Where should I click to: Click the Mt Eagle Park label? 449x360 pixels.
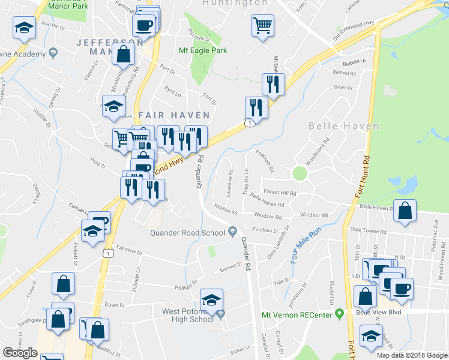click(203, 51)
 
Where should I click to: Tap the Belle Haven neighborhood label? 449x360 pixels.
click(344, 127)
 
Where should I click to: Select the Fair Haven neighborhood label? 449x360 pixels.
click(173, 115)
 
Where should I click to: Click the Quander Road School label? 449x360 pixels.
click(188, 232)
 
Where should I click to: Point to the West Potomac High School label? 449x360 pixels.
click(188, 316)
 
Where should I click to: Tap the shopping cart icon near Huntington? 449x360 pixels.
click(262, 26)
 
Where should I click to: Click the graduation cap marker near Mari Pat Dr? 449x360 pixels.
click(24, 28)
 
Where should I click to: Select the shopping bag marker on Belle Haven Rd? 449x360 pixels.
click(406, 211)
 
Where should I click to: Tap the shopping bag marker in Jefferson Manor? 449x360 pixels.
click(123, 53)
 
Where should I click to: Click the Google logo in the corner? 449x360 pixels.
click(20, 353)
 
